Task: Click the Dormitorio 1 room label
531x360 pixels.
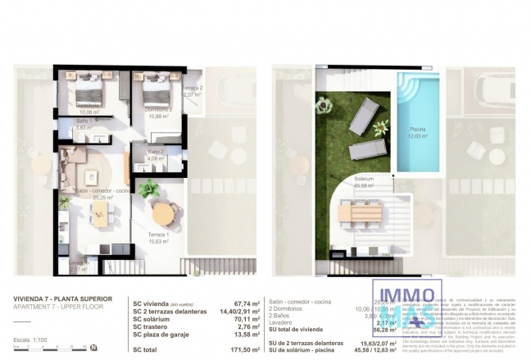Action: click(x=87, y=105)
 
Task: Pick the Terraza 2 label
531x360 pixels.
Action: click(x=191, y=91)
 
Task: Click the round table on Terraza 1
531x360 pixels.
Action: click(x=163, y=215)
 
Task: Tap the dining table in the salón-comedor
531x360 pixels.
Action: click(x=100, y=214)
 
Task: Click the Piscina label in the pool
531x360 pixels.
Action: click(x=418, y=132)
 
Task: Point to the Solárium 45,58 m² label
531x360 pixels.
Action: click(x=364, y=181)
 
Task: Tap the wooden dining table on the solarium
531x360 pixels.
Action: click(x=360, y=212)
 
